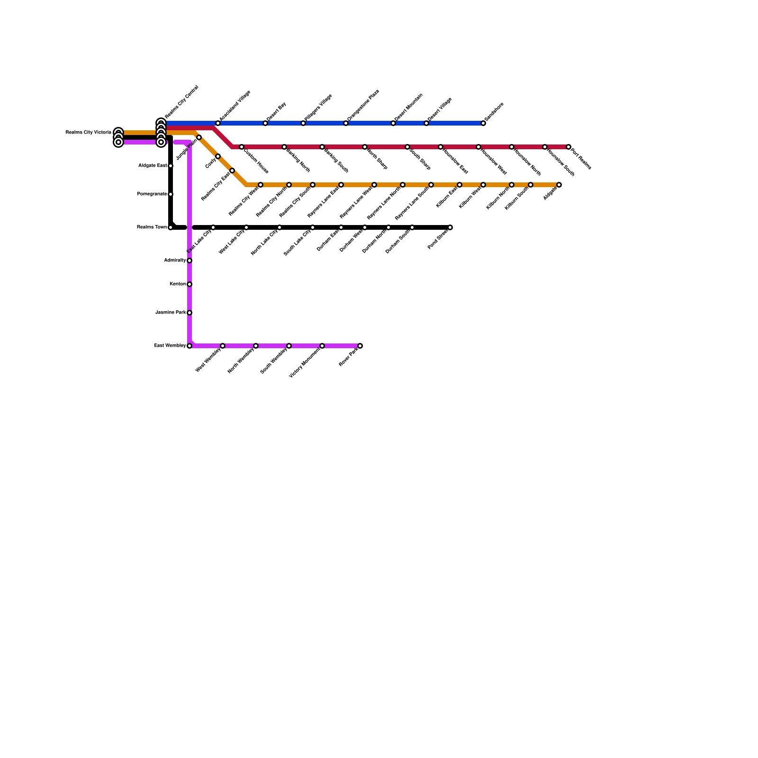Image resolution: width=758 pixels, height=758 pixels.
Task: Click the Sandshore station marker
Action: pyautogui.click(x=483, y=123)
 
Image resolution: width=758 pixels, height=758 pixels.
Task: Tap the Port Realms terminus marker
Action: pyautogui.click(x=568, y=147)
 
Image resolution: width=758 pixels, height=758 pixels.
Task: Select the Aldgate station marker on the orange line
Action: pyautogui.click(x=559, y=185)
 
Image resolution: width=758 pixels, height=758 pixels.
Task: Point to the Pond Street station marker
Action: pyautogui.click(x=450, y=227)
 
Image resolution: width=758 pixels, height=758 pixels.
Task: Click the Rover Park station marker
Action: pyautogui.click(x=360, y=346)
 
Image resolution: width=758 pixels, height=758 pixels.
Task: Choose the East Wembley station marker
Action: pyautogui.click(x=189, y=346)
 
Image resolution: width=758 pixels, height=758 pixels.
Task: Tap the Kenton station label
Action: pyautogui.click(x=178, y=284)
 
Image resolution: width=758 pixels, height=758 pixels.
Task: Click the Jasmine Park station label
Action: pyautogui.click(x=171, y=313)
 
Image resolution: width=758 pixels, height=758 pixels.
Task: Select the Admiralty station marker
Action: pyautogui.click(x=189, y=261)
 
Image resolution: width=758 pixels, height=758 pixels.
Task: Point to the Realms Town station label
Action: pyautogui.click(x=152, y=227)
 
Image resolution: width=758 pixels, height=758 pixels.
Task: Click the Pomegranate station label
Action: pyautogui.click(x=152, y=194)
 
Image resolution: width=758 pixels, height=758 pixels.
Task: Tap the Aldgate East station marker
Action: pyautogui.click(x=171, y=166)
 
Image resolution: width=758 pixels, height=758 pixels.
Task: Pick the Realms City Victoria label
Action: pyautogui.click(x=88, y=133)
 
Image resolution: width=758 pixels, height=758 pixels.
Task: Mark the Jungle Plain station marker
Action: pyautogui.click(x=199, y=137)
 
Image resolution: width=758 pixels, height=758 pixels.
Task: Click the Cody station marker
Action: pyautogui.click(x=218, y=156)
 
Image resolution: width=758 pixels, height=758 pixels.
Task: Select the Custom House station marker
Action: pyautogui.click(x=242, y=147)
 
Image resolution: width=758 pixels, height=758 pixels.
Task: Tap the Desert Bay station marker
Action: pyautogui.click(x=265, y=123)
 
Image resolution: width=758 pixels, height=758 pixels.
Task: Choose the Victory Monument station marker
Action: pyautogui.click(x=322, y=346)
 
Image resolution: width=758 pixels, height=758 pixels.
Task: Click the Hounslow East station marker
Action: pyautogui.click(x=441, y=147)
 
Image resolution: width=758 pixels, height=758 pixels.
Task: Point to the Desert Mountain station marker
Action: pyautogui.click(x=393, y=123)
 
